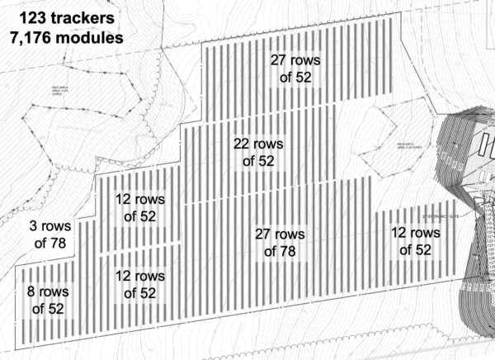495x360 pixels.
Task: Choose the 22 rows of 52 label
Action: tap(258, 152)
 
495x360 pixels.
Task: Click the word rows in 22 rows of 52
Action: tap(270, 144)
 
